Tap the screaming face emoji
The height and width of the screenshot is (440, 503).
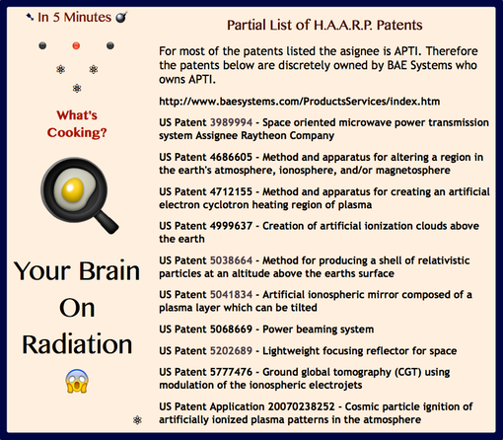76,379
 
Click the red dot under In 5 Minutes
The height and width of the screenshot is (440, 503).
76,45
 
